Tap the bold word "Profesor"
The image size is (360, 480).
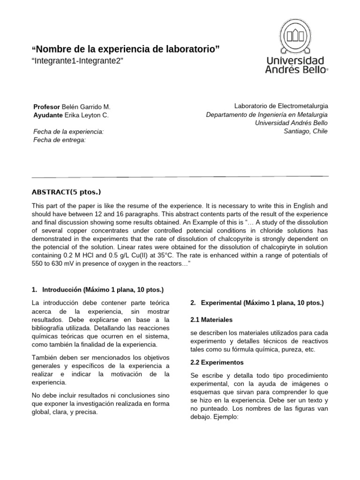pyautogui.click(x=47, y=107)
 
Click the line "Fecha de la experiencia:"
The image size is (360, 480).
pyautogui.click(x=68, y=132)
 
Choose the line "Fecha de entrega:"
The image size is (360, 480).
pyautogui.click(x=60, y=140)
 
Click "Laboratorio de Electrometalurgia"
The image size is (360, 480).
pyautogui.click(x=281, y=106)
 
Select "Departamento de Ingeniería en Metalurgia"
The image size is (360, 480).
pyautogui.click(x=267, y=115)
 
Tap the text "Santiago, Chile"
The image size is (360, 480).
pyautogui.click(x=306, y=131)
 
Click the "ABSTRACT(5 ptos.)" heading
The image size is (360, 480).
pyautogui.click(x=66, y=192)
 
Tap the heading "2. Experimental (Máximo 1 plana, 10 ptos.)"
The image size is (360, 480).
pyautogui.click(x=257, y=303)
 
